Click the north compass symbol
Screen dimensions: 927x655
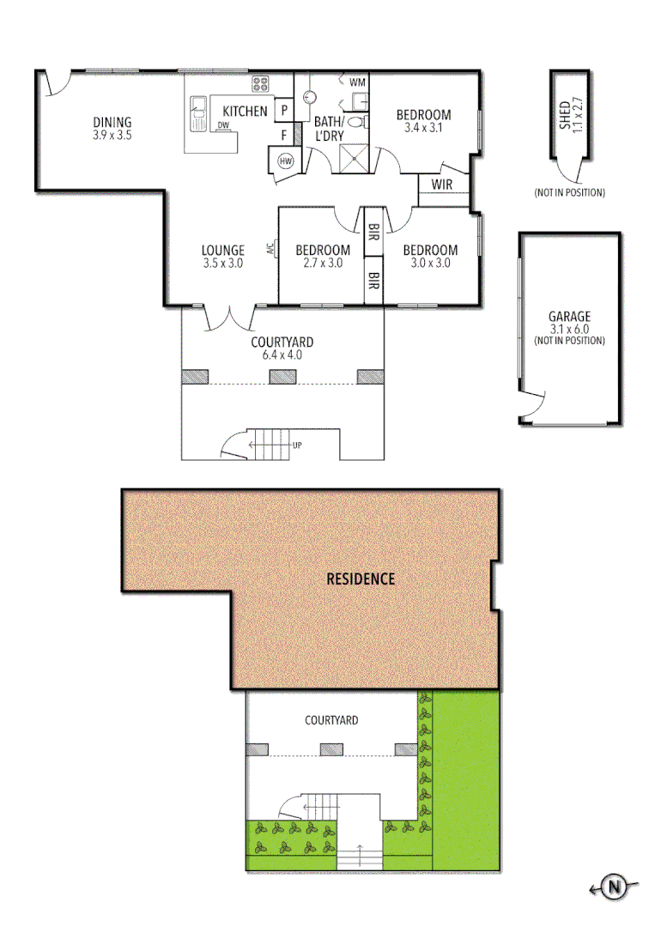coord(613,887)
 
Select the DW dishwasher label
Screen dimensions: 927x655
coord(223,126)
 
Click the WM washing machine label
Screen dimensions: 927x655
coord(358,82)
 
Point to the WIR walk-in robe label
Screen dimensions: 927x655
coord(441,185)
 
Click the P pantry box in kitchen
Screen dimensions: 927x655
coord(283,111)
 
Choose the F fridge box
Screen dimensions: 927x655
coord(283,134)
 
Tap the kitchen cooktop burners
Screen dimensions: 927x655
coord(259,83)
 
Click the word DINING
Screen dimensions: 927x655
coord(112,122)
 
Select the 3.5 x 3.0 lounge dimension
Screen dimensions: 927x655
coord(223,264)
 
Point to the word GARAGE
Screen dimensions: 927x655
coord(569,317)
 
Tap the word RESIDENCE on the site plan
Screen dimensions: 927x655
coord(361,579)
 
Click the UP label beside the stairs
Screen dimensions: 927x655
coord(297,445)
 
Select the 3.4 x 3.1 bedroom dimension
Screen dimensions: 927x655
coord(423,128)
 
